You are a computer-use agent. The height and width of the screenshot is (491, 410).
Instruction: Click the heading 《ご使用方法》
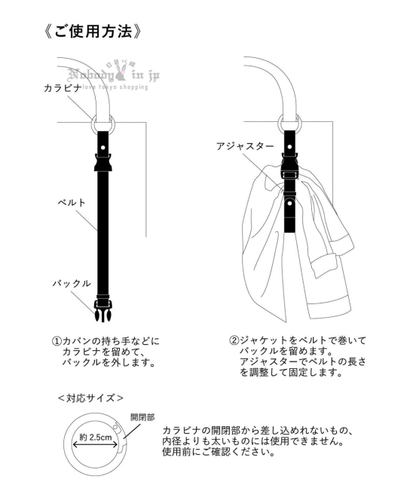point(93,32)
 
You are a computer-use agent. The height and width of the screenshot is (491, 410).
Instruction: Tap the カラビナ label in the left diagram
point(63,88)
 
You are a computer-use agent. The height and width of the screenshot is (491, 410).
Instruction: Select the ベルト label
point(72,203)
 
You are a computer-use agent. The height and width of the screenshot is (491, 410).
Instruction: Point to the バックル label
point(72,283)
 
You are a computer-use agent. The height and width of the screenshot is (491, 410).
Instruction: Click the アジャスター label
point(245,145)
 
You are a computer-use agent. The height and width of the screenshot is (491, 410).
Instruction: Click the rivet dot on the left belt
point(102,147)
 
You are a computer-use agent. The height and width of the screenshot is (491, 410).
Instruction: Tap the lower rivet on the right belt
point(289,203)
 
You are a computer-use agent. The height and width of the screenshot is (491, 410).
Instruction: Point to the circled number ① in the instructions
point(57,340)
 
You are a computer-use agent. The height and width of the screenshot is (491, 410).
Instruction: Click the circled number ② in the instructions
point(234,340)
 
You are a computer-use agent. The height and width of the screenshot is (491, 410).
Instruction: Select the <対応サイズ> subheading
point(90,398)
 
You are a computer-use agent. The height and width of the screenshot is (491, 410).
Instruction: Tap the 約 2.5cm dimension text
point(96,437)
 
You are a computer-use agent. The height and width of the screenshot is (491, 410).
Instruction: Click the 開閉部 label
point(142,417)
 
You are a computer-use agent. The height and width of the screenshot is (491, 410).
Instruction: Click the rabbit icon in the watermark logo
point(121,75)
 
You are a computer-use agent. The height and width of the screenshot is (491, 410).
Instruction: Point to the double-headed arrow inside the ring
point(95,444)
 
